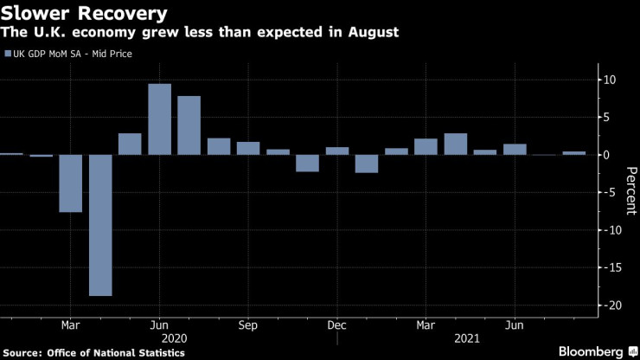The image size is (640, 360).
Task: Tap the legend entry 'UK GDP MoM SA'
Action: [x=74, y=54]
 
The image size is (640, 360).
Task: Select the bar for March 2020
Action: [x=71, y=183]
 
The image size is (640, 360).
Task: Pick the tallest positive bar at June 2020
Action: [x=159, y=119]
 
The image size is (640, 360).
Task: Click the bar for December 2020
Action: [x=337, y=151]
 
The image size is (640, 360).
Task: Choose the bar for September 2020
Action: [x=248, y=148]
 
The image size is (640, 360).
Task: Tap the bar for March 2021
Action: [x=426, y=146]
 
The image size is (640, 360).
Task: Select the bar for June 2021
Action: [x=515, y=149]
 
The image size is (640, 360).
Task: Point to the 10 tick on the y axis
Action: [x=609, y=80]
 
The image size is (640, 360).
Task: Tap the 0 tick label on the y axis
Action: [x=609, y=155]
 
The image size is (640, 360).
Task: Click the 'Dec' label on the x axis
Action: [x=337, y=325]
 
